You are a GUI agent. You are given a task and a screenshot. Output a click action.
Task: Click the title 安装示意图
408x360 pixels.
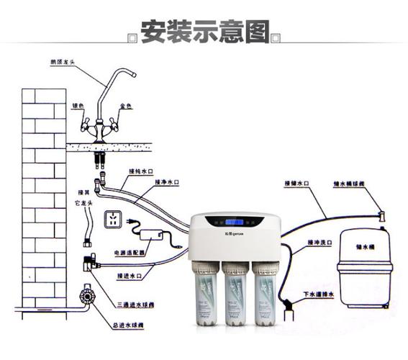204,32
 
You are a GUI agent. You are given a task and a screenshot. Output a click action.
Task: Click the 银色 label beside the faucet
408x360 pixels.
77,106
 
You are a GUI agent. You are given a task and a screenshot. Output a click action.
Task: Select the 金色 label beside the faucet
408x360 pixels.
126,106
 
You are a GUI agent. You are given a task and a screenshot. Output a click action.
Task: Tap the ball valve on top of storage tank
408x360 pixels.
381,214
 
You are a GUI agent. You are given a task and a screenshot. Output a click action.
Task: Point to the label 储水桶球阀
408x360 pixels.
348,184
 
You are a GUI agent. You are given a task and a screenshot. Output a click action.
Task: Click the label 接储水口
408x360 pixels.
296,184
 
